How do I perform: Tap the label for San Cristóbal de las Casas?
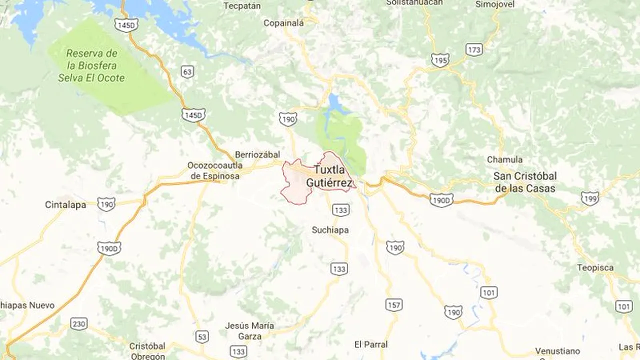[x=524, y=182]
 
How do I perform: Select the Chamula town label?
[x=504, y=160]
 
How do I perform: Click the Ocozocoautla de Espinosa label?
[x=214, y=170]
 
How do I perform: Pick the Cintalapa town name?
[x=65, y=205]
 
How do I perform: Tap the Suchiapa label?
[x=330, y=230]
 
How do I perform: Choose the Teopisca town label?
[x=595, y=267]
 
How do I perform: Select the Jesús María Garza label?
[x=249, y=331]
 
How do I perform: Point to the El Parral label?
[x=370, y=344]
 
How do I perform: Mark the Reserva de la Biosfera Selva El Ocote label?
[x=91, y=65]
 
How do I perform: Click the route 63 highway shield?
[x=187, y=72]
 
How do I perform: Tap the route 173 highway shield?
[x=473, y=49]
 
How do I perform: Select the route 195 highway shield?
[x=440, y=60]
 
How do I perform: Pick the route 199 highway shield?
[x=590, y=198]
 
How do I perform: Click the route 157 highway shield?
[x=394, y=304]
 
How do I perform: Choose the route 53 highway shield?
[x=202, y=337]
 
